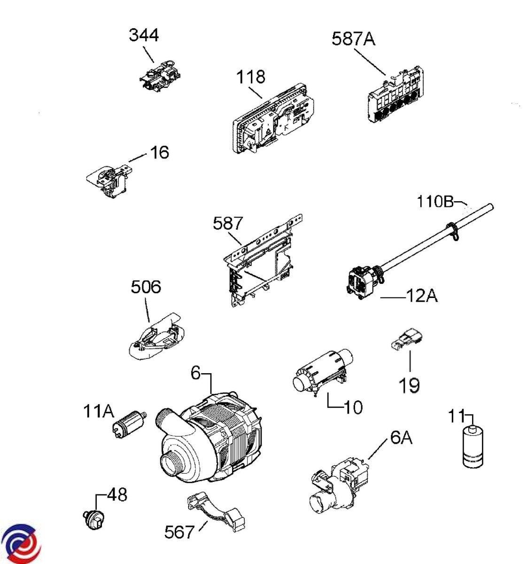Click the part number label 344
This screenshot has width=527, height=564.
click(x=144, y=35)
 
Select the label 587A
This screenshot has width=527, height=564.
click(x=354, y=39)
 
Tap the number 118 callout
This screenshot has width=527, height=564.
click(x=251, y=77)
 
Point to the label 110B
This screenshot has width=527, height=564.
click(x=435, y=202)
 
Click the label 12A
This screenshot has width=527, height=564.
click(x=421, y=296)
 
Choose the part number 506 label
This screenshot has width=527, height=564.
click(x=146, y=287)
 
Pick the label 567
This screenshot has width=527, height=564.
click(x=179, y=532)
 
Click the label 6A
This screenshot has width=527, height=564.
click(x=401, y=438)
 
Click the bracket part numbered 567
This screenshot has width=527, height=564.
click(x=216, y=510)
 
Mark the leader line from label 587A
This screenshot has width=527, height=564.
click(x=370, y=62)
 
